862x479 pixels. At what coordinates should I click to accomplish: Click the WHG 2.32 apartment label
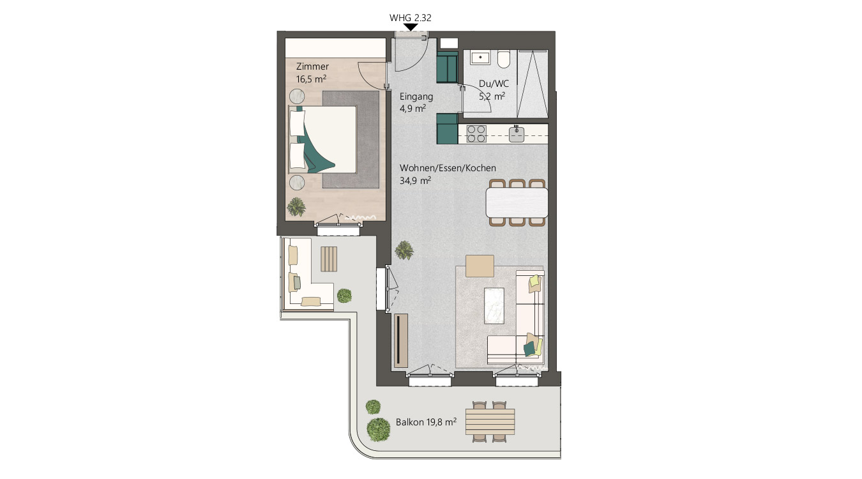pos(410,18)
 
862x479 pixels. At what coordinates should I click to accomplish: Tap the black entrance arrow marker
pos(411,27)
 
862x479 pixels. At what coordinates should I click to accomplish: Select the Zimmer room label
pos(312,66)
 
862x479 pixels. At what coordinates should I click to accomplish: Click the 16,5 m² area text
pos(311,79)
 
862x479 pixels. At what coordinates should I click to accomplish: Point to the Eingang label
pos(416,96)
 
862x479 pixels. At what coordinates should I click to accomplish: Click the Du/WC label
pos(494,84)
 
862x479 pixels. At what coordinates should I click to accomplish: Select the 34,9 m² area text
pos(415,180)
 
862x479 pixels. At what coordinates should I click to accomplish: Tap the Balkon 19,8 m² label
pos(426,422)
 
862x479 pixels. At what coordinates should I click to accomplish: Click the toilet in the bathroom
pos(504,59)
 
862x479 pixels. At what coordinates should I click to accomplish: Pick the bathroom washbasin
pos(480,57)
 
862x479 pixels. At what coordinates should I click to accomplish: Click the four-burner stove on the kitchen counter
pos(476,134)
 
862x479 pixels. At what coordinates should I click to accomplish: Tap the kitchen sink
pos(517,134)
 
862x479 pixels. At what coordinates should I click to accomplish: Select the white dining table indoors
pos(517,202)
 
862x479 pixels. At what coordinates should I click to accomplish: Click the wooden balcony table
pos(490,422)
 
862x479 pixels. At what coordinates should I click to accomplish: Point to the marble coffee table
pos(494,306)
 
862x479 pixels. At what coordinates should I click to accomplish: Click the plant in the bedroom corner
pos(296,207)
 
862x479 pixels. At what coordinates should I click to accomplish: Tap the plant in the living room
pos(404,250)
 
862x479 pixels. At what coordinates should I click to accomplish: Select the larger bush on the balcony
pos(378,429)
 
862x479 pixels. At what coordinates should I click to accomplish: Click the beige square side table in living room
pos(480,266)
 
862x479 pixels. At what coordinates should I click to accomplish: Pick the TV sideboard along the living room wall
pos(400,340)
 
